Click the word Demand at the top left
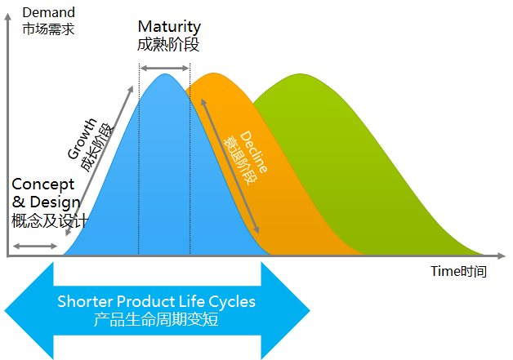coord(49,12)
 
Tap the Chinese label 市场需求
coord(48,29)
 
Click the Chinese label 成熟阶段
coord(168,44)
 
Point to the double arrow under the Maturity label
coord(164,68)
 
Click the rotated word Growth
coord(83,139)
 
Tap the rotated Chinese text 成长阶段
coord(97,148)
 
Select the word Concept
coord(42,185)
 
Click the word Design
coord(55,202)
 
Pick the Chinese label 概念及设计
coord(50,220)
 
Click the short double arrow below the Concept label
coord(35,247)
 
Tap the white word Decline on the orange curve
coord(253,152)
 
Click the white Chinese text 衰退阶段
coord(240,160)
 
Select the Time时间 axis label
coord(458,271)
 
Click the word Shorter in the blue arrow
coord(85,301)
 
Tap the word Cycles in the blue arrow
coord(232,302)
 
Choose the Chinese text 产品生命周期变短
coord(156,319)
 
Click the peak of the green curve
coord(301,74)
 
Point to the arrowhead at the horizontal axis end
coord(502,256)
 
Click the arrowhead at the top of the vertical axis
coord(7,16)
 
